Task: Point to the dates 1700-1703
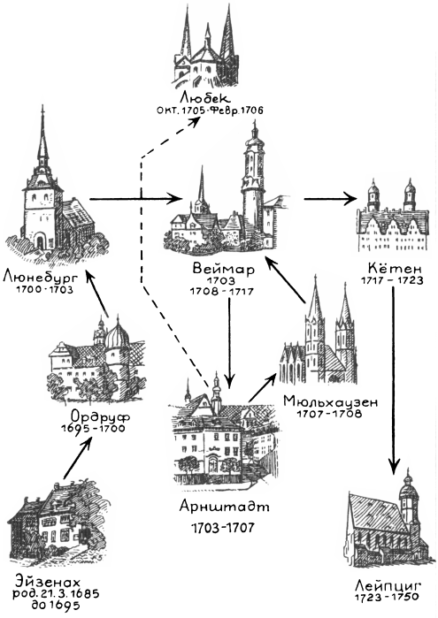point(44,290)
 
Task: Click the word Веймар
point(224,270)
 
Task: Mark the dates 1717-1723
point(392,280)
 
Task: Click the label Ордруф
point(100,417)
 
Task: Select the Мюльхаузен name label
point(330,402)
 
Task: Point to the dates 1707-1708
point(328,414)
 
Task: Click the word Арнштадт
point(224,507)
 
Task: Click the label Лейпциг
point(388,584)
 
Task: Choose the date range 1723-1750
point(387,598)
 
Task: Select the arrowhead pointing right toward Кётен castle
point(349,199)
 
